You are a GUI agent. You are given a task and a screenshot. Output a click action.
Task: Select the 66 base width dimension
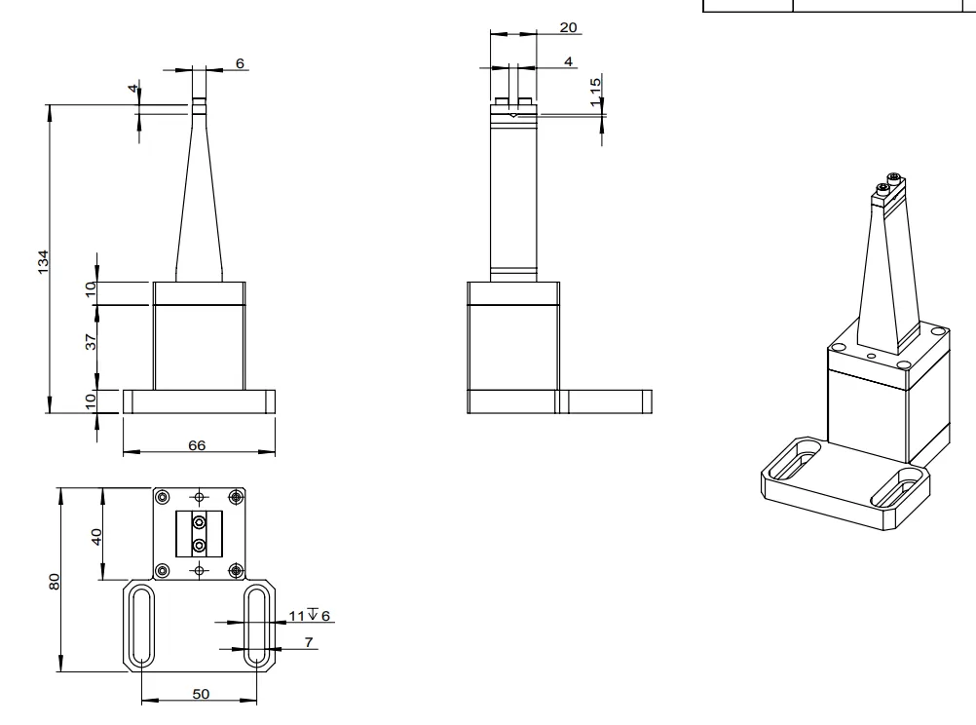[x=198, y=444]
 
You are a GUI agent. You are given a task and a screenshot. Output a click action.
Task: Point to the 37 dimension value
[x=91, y=342]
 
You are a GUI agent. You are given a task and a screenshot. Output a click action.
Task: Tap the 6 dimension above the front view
[x=240, y=63]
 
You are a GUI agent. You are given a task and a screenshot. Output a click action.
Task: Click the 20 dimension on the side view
[x=568, y=28]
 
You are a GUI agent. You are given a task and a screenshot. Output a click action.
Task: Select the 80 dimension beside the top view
[x=56, y=580]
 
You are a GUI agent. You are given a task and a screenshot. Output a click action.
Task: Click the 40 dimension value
[x=97, y=536]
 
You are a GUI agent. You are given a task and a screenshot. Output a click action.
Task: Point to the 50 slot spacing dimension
[x=200, y=693]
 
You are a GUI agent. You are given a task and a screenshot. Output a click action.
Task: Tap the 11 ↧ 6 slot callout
[x=310, y=615]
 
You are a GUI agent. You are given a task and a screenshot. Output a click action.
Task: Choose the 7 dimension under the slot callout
[x=308, y=641]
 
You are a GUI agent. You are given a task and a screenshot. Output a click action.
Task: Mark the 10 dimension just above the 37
[x=91, y=290]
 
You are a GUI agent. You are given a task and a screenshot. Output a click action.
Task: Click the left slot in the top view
[x=141, y=626]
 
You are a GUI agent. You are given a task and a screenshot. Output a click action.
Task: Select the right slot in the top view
[x=258, y=626]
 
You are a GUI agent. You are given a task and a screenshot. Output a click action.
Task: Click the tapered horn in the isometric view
[x=886, y=273]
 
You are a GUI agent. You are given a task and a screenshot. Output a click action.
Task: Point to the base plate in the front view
[x=199, y=401]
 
